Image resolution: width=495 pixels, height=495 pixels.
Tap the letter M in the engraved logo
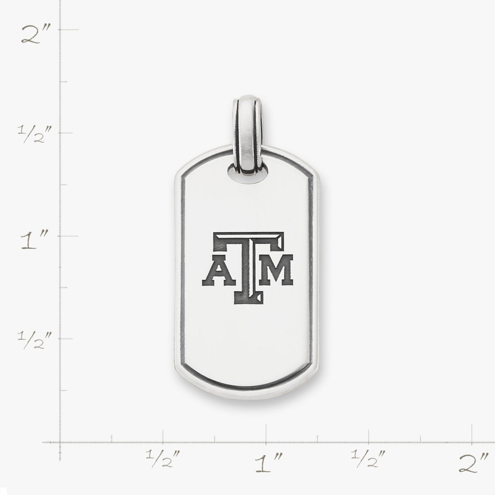[x=276, y=270]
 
